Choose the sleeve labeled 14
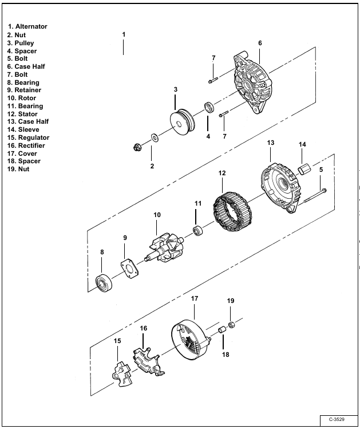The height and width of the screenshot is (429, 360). click(304, 170)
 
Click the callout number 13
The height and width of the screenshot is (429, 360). click(270, 142)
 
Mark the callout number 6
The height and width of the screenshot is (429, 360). click(260, 43)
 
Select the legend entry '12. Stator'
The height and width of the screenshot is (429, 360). click(26, 114)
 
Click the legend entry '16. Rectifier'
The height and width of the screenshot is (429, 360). click(29, 145)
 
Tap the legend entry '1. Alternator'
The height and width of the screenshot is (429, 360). click(27, 26)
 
